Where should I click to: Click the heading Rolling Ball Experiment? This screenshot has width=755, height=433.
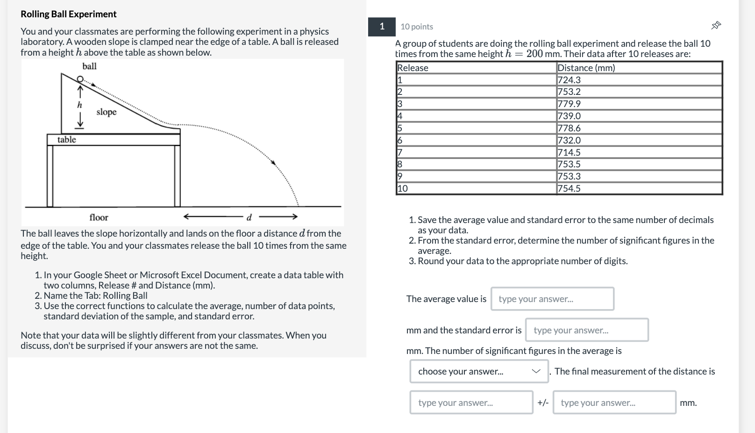point(69,14)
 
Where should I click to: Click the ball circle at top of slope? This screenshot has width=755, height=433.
point(80,79)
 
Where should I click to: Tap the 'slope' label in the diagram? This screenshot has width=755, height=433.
point(107,112)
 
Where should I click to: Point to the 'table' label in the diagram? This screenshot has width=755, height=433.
point(67,140)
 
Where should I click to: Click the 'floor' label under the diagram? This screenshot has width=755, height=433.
point(99,217)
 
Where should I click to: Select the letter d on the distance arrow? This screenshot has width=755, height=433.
point(249,217)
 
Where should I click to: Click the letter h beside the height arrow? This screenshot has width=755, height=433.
point(79,105)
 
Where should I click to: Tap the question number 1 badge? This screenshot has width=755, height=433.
point(382,27)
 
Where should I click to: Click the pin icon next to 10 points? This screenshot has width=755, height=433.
point(716,25)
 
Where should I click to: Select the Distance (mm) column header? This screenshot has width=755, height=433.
point(586,68)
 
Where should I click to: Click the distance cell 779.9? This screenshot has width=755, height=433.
point(569,104)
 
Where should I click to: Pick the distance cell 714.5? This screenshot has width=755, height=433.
point(569,152)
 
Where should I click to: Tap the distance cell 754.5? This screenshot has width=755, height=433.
point(569,188)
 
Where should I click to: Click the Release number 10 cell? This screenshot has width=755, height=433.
point(403,188)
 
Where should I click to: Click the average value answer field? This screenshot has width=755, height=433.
point(552,299)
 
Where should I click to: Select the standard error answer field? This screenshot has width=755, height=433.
point(587,330)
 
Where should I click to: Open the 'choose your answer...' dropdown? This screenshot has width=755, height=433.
point(479,371)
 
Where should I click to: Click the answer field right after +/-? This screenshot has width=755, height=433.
point(614,403)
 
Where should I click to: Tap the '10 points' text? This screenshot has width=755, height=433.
point(417,27)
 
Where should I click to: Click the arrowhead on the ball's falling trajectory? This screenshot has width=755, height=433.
point(274,163)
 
